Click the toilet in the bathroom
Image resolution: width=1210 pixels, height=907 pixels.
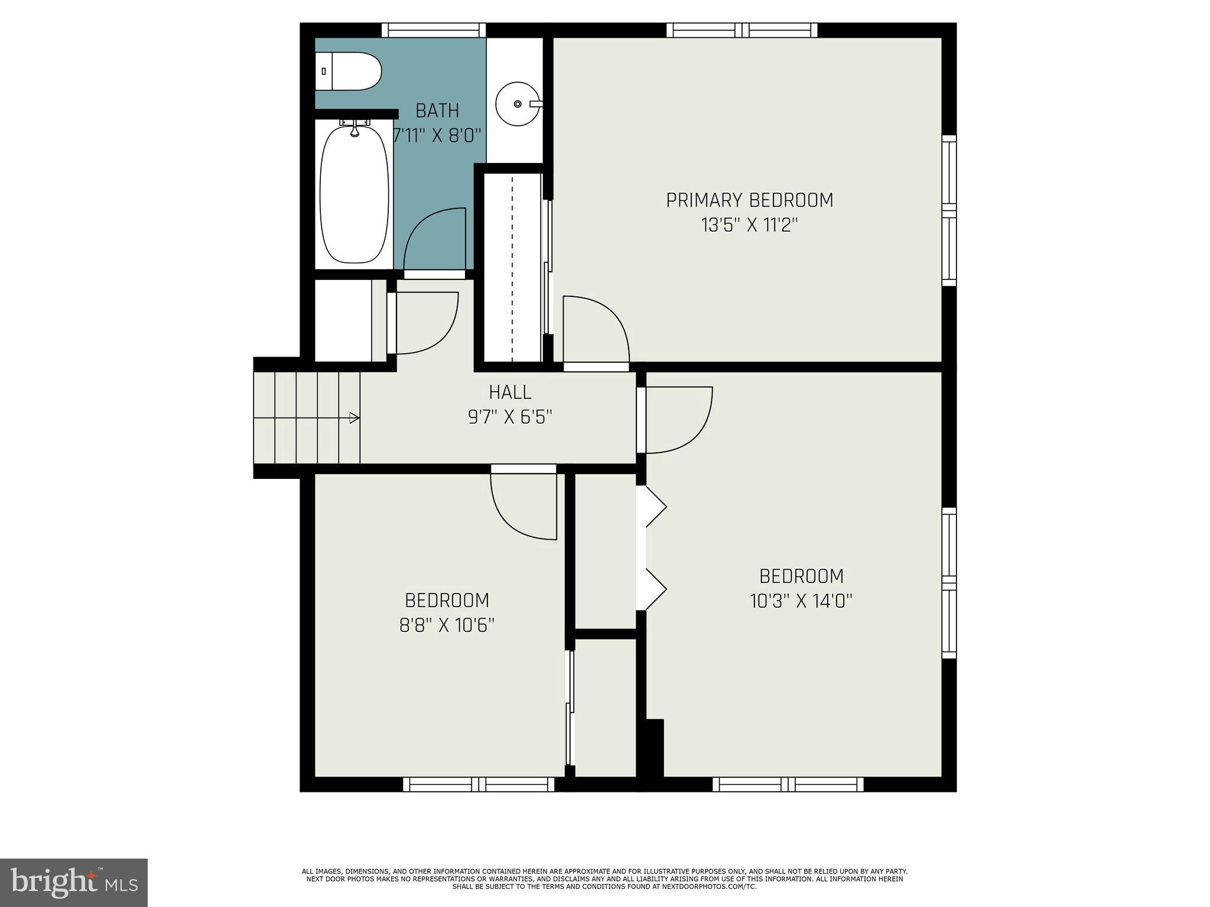pyautogui.click(x=349, y=71)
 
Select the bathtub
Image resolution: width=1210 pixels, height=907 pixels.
pyautogui.click(x=354, y=194)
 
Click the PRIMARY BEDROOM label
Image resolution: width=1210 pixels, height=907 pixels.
pyautogui.click(x=749, y=200)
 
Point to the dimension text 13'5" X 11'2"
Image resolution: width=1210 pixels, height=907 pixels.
pyautogui.click(x=749, y=225)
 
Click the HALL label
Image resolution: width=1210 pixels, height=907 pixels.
pyautogui.click(x=510, y=392)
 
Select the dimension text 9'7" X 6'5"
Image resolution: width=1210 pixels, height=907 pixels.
pyautogui.click(x=510, y=417)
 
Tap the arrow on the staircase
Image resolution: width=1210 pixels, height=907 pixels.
pyautogui.click(x=354, y=418)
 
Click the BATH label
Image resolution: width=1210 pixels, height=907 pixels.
pyautogui.click(x=437, y=110)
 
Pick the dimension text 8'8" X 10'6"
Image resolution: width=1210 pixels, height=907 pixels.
pyautogui.click(x=447, y=625)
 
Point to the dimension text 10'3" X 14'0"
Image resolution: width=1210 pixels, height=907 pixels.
pyautogui.click(x=801, y=601)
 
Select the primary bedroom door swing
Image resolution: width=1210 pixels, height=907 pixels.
pyautogui.click(x=596, y=328)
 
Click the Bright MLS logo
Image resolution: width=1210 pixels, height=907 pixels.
pyautogui.click(x=74, y=882)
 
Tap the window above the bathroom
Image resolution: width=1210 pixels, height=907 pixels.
pyautogui.click(x=433, y=30)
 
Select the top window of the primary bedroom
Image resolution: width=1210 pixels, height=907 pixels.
pyautogui.click(x=742, y=30)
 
